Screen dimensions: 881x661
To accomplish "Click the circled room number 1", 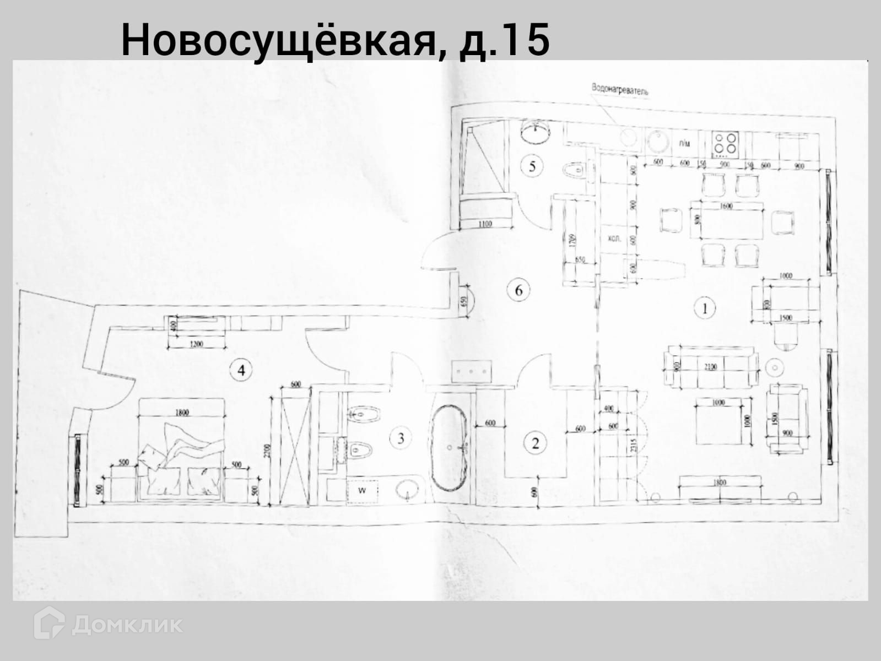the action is click(x=705, y=308).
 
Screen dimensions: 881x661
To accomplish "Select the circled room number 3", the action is click(x=401, y=438).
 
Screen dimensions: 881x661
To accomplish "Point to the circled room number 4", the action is click(x=241, y=370).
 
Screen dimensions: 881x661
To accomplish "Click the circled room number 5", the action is click(x=532, y=166).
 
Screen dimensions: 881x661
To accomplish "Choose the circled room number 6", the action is click(x=518, y=290).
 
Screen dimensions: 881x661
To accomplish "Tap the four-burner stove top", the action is click(x=725, y=143).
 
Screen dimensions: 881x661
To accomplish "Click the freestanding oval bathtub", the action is click(x=450, y=448).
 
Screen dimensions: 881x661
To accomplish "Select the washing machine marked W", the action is click(x=363, y=489).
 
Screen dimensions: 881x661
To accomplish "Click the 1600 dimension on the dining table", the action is click(x=726, y=206).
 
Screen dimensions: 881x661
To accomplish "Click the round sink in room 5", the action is click(x=536, y=132).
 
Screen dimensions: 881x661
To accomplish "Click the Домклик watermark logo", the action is click(x=108, y=625).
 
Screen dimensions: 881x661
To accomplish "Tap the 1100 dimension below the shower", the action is click(x=485, y=224).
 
